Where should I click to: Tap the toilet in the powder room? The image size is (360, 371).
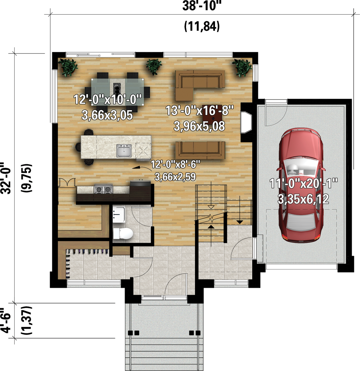point(123,233)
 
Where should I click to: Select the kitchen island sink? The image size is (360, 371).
point(124,151)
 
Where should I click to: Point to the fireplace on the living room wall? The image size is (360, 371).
point(246,122)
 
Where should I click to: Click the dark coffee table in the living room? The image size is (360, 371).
point(212,113)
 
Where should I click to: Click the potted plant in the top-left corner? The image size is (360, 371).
point(68,67)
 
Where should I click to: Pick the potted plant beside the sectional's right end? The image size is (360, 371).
point(242,67)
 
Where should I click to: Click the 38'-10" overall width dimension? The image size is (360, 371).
point(200,6)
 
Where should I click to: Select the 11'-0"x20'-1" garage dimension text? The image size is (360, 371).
point(303,183)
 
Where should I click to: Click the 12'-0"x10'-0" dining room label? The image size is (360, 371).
point(108,99)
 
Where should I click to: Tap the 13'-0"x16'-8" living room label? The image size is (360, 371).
point(199,110)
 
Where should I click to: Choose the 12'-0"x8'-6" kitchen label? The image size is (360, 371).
point(175,164)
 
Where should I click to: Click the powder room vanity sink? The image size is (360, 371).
point(119,214)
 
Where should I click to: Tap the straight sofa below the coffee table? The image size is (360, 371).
point(200,150)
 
